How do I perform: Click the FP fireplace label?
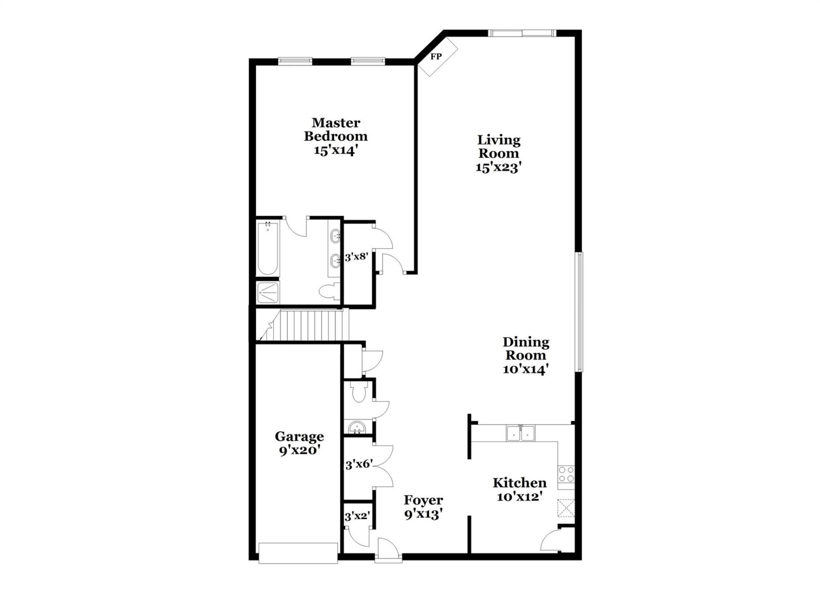[x=436, y=56]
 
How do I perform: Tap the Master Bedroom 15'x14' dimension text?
[x=335, y=150]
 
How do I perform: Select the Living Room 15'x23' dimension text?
[x=499, y=167]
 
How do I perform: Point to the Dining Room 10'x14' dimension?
[x=525, y=369]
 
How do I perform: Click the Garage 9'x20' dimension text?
[x=299, y=450]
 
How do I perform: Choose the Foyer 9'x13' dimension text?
[x=423, y=514]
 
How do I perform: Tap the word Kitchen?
[x=519, y=483]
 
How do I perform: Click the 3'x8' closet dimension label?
[x=356, y=257]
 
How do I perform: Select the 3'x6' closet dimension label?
[x=359, y=464]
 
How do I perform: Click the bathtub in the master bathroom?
[x=268, y=249]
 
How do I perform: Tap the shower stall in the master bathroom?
[x=268, y=292]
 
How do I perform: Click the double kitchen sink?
[x=521, y=433]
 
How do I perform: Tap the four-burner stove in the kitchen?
[x=566, y=474]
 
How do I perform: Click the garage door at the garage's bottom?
[x=298, y=553]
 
